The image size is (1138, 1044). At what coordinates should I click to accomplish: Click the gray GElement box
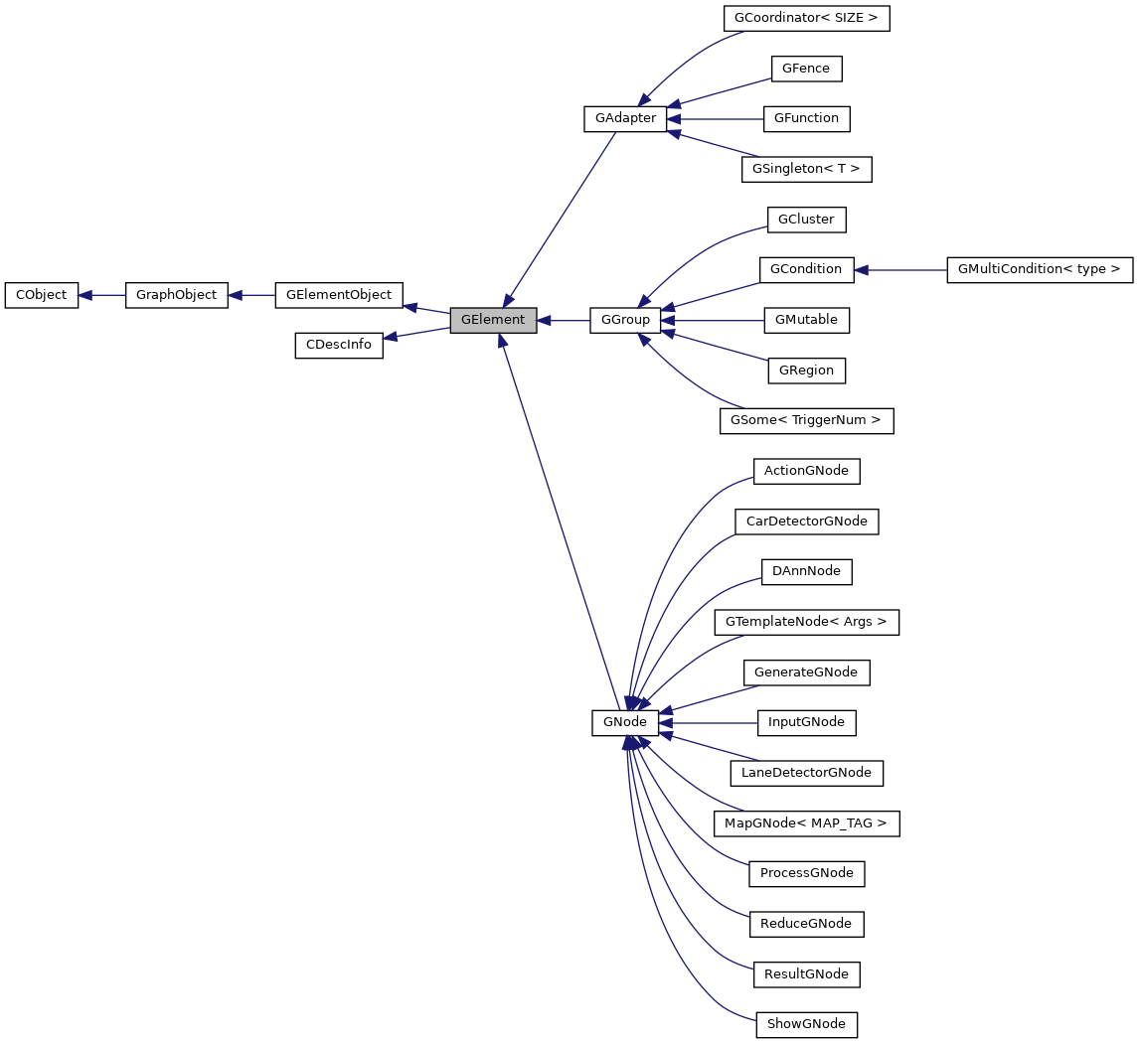click(x=493, y=320)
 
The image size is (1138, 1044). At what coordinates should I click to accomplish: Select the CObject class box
click(x=41, y=295)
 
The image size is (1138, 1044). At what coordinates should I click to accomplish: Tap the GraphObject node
click(x=177, y=295)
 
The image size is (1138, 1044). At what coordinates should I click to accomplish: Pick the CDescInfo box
click(x=339, y=345)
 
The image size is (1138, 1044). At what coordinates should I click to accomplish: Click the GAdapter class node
click(x=625, y=118)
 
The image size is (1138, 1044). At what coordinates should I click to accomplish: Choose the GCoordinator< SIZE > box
click(x=806, y=18)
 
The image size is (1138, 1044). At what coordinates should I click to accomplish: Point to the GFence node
click(x=806, y=69)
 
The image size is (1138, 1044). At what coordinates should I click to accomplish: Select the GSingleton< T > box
click(x=806, y=169)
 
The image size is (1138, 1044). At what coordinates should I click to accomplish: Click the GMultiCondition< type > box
click(x=1040, y=269)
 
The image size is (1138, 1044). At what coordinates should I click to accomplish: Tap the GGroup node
click(x=625, y=320)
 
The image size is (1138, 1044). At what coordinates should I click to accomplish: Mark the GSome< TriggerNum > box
click(x=806, y=420)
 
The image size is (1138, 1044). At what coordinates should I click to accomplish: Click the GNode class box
click(x=625, y=722)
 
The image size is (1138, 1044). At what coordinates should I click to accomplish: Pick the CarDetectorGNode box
click(x=806, y=522)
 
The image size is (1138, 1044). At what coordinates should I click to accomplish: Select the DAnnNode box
click(x=806, y=571)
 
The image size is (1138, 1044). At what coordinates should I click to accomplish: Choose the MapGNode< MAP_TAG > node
click(x=806, y=822)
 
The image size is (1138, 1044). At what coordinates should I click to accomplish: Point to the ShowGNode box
click(x=806, y=1024)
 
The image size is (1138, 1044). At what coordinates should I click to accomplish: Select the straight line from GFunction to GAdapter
click(x=718, y=118)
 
